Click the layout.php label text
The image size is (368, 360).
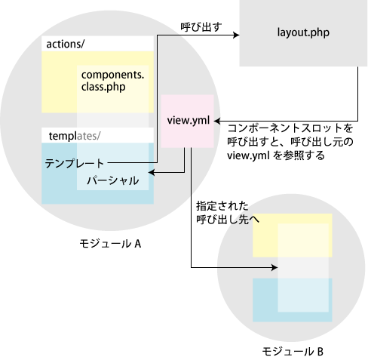click(x=303, y=32)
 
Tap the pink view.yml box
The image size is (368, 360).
click(x=187, y=121)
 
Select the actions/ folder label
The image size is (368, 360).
click(x=66, y=44)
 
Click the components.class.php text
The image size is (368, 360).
click(x=112, y=81)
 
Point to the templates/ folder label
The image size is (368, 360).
click(x=75, y=136)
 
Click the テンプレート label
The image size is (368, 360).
click(x=75, y=164)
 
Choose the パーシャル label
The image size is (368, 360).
click(x=113, y=180)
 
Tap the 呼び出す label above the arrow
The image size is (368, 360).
click(x=201, y=27)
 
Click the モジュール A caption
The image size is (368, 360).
click(x=110, y=244)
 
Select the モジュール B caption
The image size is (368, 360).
click(x=293, y=351)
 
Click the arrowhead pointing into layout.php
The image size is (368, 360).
click(x=236, y=35)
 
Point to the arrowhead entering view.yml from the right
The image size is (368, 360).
click(x=217, y=121)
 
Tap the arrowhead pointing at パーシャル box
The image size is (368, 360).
click(x=152, y=173)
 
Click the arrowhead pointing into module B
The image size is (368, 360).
click(x=274, y=267)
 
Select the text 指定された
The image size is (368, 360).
click(x=222, y=206)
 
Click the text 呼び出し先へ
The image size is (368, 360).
click(x=228, y=220)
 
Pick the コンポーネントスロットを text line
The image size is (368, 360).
click(x=290, y=128)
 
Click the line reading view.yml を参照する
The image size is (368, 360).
click(x=276, y=155)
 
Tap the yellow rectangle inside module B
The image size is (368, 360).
click(x=293, y=235)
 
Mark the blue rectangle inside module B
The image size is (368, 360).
click(x=293, y=300)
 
